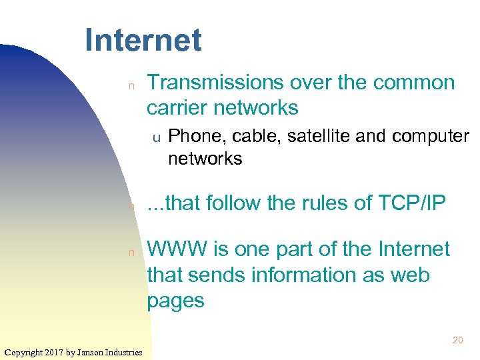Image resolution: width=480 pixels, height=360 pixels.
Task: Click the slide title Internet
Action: click(143, 41)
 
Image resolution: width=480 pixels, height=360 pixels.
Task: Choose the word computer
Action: click(431, 136)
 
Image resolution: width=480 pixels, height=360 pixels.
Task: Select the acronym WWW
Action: click(177, 249)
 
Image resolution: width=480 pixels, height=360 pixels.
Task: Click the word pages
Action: click(175, 301)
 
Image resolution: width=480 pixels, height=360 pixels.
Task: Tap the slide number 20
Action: click(457, 340)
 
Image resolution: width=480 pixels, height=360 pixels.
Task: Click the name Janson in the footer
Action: click(93, 351)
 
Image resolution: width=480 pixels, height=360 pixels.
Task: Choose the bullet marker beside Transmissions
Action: click(131, 85)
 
